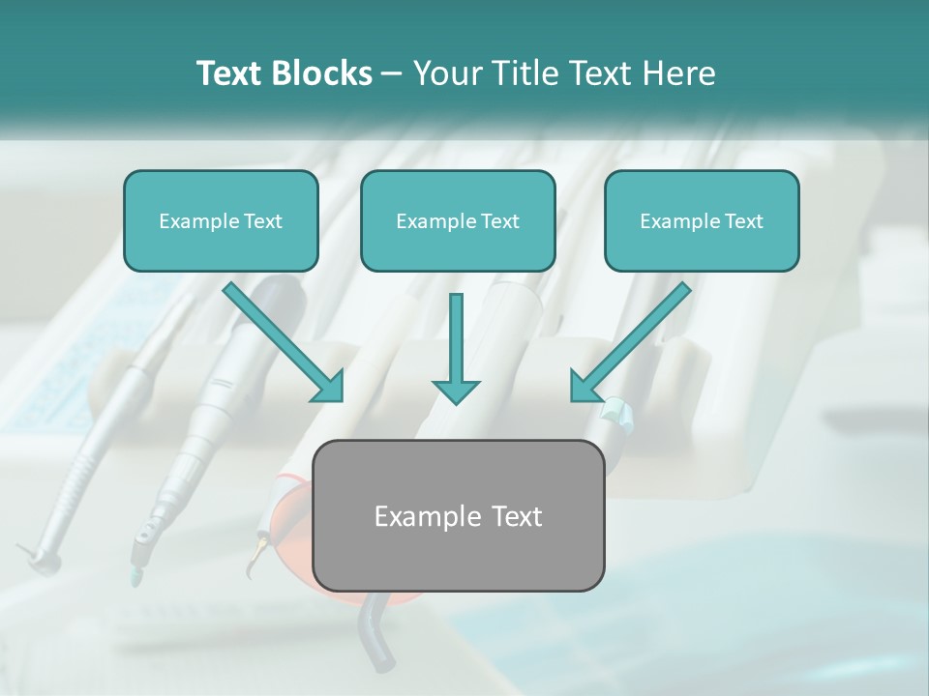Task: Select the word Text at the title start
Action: pos(229,73)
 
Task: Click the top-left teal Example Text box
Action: pos(221,220)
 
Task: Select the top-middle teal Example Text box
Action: pos(458,220)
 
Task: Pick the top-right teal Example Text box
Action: pos(702,220)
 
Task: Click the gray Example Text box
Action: pos(459,515)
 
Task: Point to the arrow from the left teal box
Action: pos(281,340)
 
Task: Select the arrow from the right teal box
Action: pos(634,340)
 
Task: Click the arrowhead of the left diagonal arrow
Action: pos(330,388)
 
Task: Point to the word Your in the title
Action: pos(445,73)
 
